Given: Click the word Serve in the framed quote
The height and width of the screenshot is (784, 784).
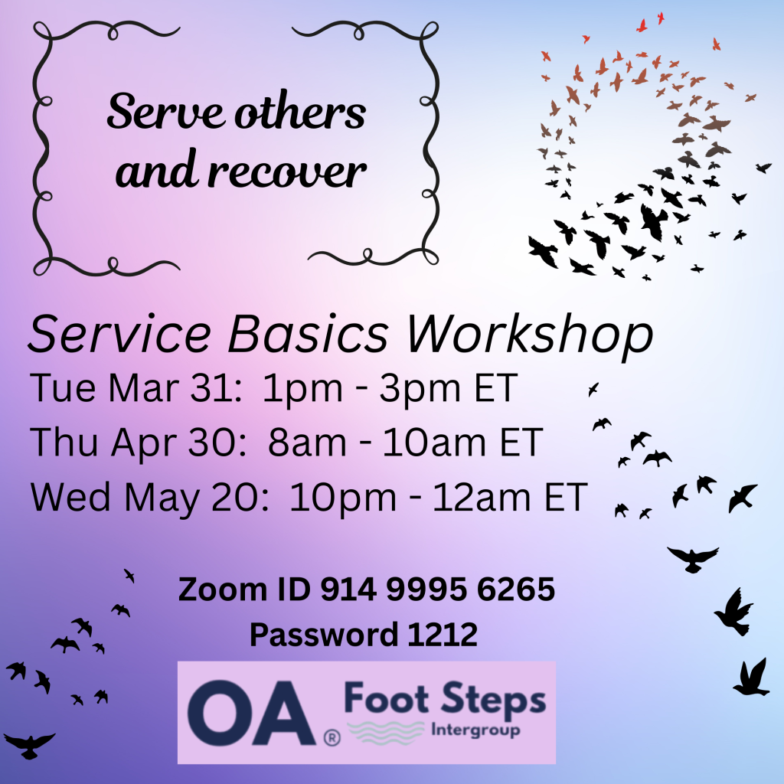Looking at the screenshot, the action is [x=165, y=111].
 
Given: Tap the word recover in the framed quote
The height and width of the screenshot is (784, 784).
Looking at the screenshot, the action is [x=287, y=170].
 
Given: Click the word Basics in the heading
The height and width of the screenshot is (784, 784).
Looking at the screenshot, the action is [x=308, y=334].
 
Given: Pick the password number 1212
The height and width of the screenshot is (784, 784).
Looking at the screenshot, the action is [x=443, y=635].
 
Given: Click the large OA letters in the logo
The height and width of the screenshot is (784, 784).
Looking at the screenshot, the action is [x=250, y=713].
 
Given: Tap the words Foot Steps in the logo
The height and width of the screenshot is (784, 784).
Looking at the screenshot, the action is [x=445, y=698].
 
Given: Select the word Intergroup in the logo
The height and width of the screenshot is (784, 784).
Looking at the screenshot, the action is [x=475, y=730].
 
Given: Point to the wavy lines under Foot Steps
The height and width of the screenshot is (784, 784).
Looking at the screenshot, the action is [x=386, y=732].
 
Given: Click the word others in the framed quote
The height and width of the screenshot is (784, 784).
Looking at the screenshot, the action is [x=300, y=111].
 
